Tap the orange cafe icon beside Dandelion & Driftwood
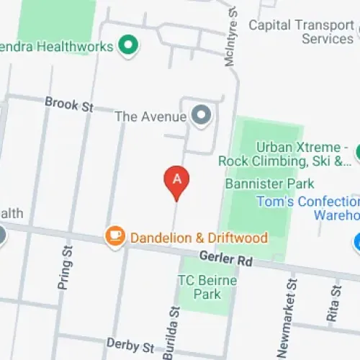coord(114,235)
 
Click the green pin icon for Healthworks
coord(130,45)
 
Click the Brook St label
coord(69,104)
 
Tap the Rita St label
coord(334,301)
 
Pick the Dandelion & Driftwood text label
coord(198,237)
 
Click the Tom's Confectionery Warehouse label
coord(310,208)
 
